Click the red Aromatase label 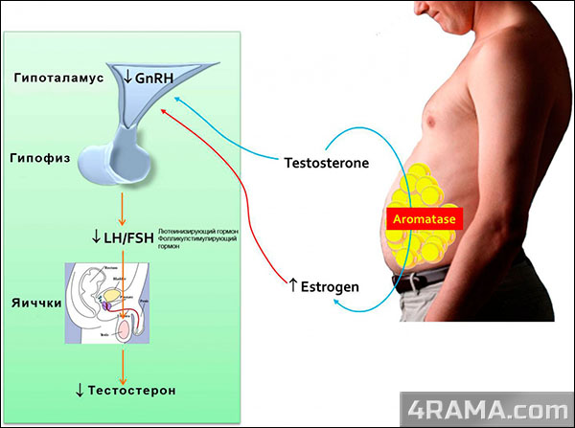tap(423, 218)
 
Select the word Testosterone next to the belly tap(326, 163)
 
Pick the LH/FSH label tap(129, 237)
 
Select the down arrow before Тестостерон tap(81, 390)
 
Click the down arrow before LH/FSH tap(95, 237)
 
